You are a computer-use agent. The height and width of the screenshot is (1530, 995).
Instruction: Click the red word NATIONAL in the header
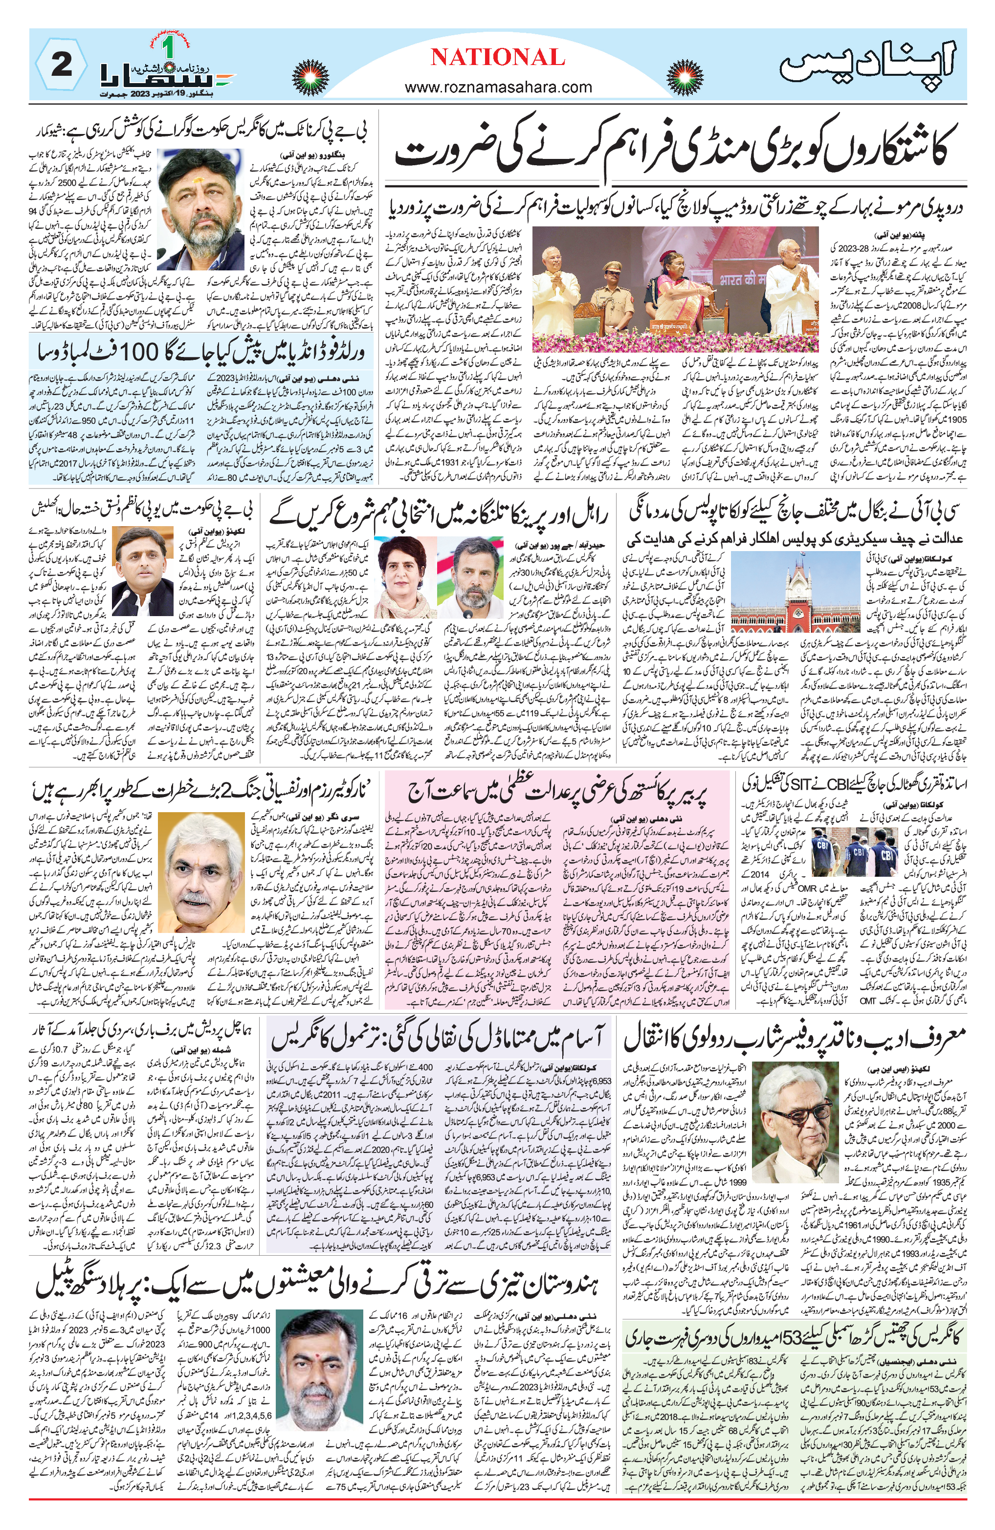coord(498,58)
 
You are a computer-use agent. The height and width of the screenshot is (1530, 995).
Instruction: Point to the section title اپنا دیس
coord(870,64)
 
